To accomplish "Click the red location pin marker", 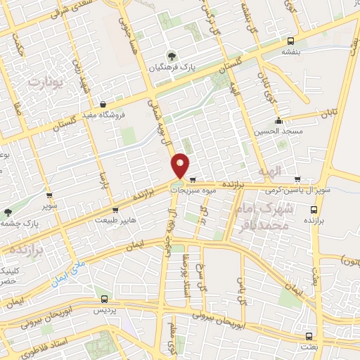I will tap(181, 165).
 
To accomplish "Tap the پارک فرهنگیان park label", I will tap(169, 68).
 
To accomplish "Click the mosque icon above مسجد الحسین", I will tap(279, 120).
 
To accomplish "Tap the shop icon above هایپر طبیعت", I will tap(115, 210).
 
